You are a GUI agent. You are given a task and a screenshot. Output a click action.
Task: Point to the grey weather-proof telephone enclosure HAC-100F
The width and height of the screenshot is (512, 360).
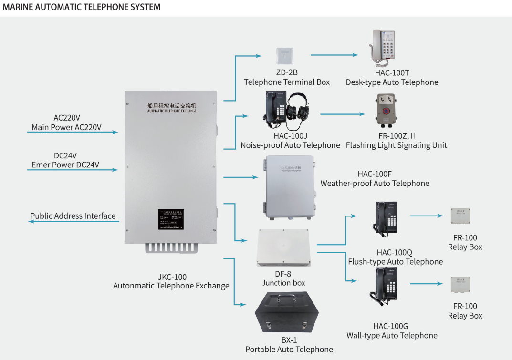coord(290,186)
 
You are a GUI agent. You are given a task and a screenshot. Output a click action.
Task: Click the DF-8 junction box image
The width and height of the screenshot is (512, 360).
coord(283,247)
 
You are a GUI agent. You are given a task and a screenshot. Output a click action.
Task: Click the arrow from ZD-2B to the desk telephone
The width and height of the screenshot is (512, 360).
coord(334,55)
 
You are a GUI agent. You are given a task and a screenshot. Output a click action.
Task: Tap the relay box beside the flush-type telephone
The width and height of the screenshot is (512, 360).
coord(460,216)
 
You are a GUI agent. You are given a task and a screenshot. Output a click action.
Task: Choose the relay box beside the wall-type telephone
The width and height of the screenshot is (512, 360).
coord(460,285)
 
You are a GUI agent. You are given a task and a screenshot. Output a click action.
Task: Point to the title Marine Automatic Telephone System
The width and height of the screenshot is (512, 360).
coord(82,7)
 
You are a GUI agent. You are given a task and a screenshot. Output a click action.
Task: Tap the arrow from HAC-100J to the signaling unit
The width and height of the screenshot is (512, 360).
coord(345,114)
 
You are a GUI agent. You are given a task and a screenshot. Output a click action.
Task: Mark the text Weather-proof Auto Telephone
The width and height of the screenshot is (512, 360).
coord(375,184)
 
